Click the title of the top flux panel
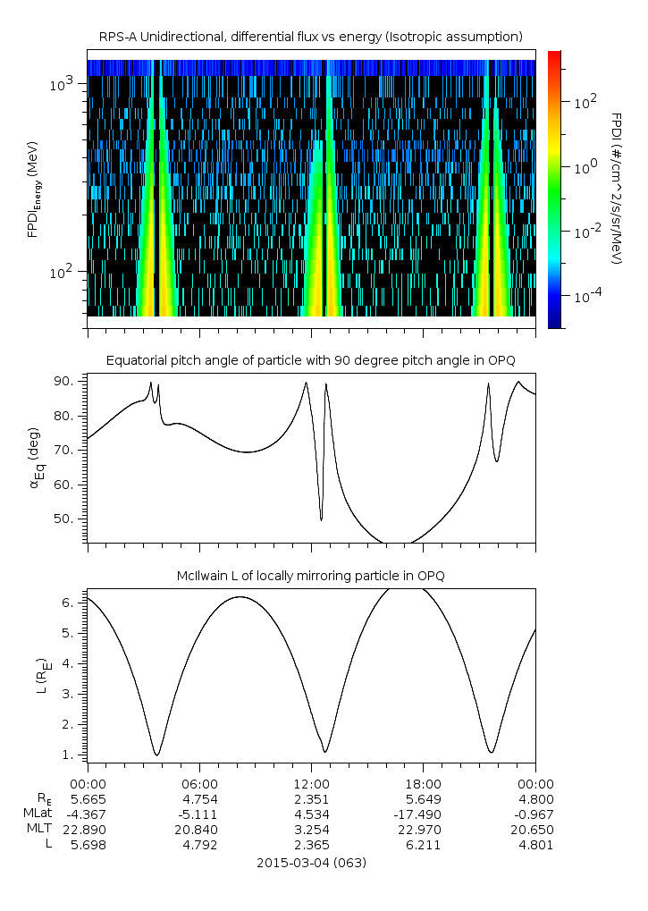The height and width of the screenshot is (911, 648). click(x=310, y=36)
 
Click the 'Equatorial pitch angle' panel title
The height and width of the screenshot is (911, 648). click(x=310, y=360)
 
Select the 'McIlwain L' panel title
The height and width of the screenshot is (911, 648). click(x=310, y=575)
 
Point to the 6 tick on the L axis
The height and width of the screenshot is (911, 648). click(x=77, y=603)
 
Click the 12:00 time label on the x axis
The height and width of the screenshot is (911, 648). click(x=311, y=783)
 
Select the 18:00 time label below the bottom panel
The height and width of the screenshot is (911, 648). click(x=423, y=783)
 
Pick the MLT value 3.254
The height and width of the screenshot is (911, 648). click(x=311, y=829)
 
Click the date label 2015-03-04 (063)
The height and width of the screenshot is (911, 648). click(x=311, y=863)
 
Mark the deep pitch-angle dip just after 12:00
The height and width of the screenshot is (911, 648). click(x=321, y=519)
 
